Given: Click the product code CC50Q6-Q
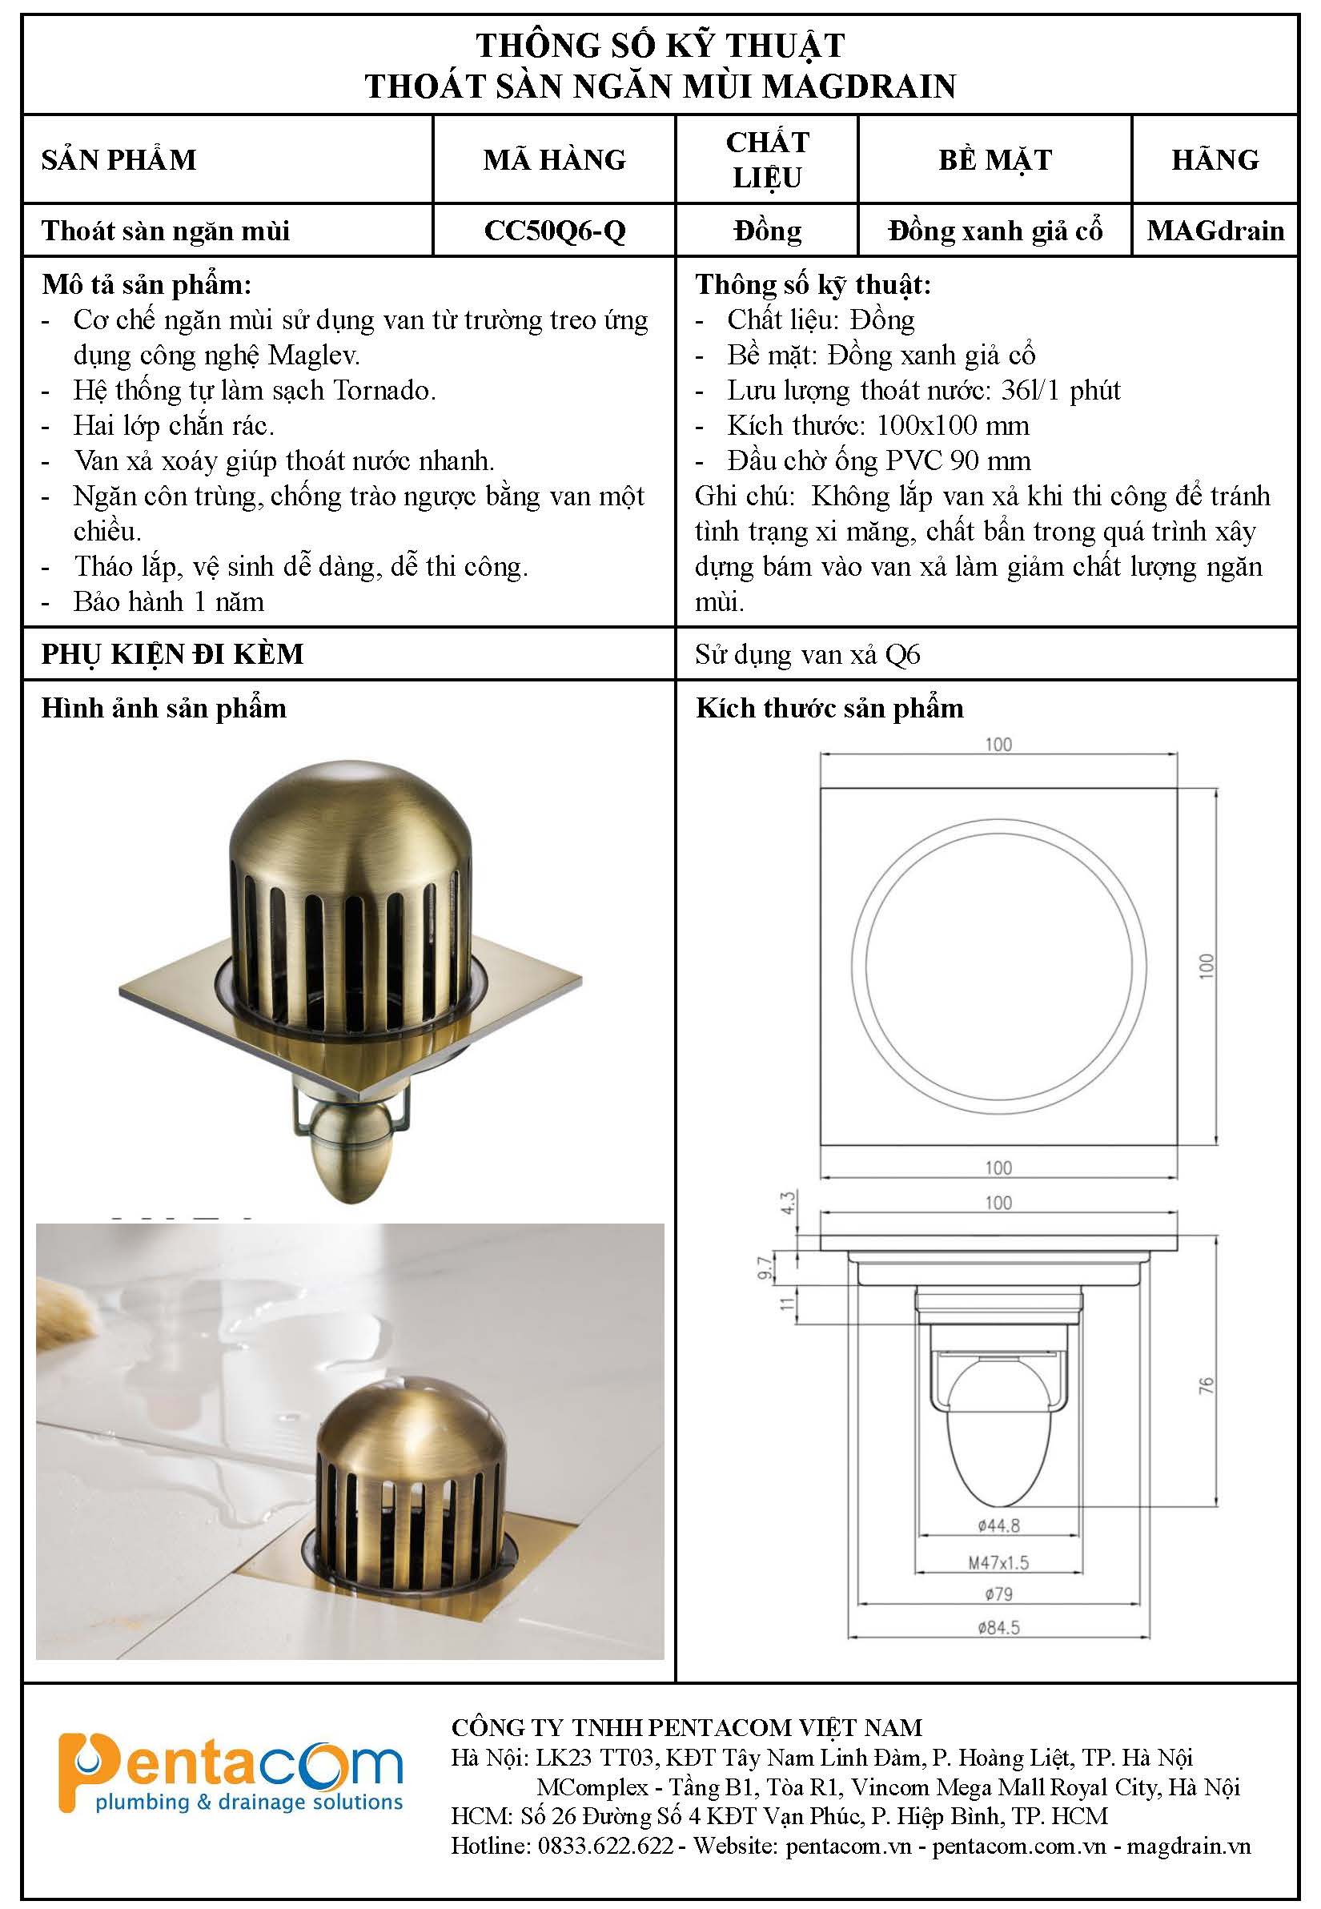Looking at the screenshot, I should [x=555, y=230].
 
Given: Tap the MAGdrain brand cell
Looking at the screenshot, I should [x=1215, y=230].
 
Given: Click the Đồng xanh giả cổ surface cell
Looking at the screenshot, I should [x=995, y=230].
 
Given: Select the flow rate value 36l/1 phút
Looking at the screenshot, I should [x=1060, y=390].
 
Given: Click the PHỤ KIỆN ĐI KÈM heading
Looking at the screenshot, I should [x=172, y=654].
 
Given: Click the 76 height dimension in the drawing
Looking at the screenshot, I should [x=1206, y=1385].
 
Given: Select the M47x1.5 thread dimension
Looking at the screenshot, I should [x=998, y=1562].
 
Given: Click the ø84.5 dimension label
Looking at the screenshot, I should [x=998, y=1626].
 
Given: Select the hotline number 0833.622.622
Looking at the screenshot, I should [x=605, y=1845].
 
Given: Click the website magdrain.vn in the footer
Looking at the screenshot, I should [x=1189, y=1845].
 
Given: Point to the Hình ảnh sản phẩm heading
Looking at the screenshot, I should [x=164, y=709].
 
